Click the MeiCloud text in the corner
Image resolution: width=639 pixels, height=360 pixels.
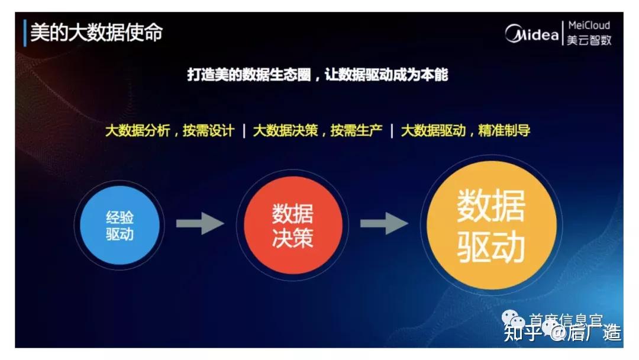click(x=588, y=25)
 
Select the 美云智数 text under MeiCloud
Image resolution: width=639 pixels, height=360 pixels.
click(x=588, y=40)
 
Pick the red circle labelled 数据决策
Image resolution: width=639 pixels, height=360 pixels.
click(x=293, y=226)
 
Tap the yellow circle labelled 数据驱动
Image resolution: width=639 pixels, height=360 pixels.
click(x=491, y=226)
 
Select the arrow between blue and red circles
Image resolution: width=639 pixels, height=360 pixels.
click(x=200, y=224)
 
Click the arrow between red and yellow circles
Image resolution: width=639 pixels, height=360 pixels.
click(x=384, y=224)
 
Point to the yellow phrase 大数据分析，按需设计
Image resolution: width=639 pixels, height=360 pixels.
click(x=170, y=131)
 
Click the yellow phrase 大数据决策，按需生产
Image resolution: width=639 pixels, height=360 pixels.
click(x=318, y=131)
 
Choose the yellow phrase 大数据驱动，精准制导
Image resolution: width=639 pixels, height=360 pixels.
click(x=465, y=131)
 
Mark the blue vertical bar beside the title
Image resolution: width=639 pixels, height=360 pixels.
click(x=25, y=33)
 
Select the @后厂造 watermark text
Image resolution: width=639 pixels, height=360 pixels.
click(x=586, y=334)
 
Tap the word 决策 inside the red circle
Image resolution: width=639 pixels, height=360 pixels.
click(x=293, y=237)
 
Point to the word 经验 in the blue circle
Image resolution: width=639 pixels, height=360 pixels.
click(x=120, y=217)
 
